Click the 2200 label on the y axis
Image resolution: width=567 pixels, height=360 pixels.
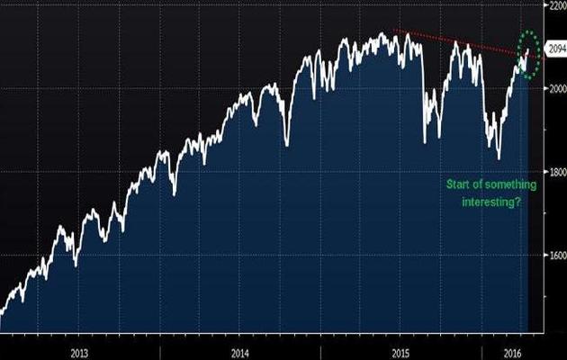click(x=553, y=5)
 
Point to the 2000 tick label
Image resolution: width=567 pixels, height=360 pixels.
click(x=553, y=88)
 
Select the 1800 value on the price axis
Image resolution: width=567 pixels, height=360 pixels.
click(x=553, y=171)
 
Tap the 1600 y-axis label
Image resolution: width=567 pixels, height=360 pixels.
click(x=553, y=255)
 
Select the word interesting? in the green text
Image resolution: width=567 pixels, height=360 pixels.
click(x=493, y=203)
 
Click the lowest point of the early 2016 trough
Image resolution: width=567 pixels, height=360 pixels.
click(x=499, y=158)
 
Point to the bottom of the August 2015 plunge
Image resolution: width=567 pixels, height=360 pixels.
click(x=425, y=141)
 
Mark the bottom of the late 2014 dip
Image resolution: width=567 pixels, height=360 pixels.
click(x=286, y=144)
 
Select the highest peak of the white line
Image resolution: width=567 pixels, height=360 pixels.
click(x=382, y=33)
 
